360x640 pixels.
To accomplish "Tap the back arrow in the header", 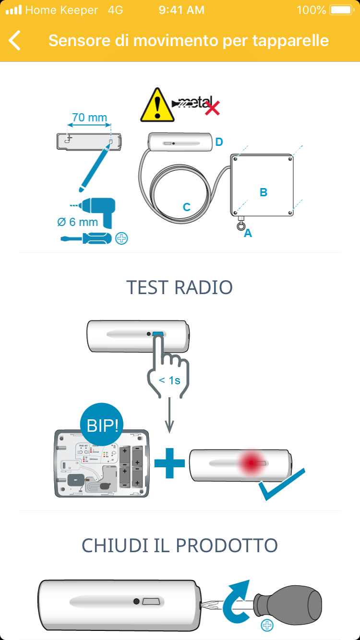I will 15,40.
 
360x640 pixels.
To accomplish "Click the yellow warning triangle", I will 157,106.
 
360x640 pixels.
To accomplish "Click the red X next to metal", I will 212,108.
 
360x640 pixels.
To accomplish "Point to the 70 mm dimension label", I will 89,118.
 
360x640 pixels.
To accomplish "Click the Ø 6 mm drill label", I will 77,222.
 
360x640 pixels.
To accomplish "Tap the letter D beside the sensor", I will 219,142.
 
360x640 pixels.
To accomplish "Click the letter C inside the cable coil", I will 187,207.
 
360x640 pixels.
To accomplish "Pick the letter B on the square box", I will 264,192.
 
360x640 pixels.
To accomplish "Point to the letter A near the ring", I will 248,234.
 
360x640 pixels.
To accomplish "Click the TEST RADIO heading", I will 180,287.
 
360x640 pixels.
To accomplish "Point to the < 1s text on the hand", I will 170,380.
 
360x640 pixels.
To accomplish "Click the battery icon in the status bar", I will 341,10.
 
